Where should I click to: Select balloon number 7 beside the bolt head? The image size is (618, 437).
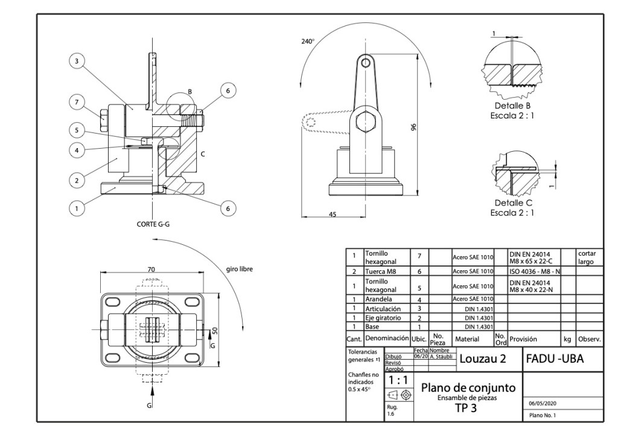click(x=76, y=102)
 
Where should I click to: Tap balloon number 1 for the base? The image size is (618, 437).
click(x=76, y=209)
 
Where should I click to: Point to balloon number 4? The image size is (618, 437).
click(x=76, y=148)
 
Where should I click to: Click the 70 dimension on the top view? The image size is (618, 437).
click(x=152, y=269)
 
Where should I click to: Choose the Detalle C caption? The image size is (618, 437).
click(x=512, y=203)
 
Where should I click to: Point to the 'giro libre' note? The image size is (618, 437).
click(x=240, y=270)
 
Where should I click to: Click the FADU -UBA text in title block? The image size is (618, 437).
click(x=555, y=359)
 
